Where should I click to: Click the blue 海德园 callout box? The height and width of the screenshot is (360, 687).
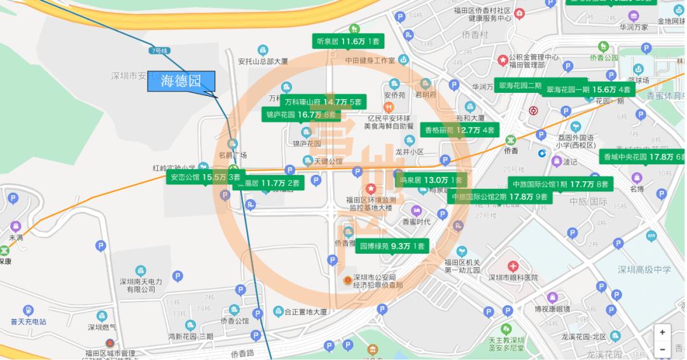[x=181, y=81]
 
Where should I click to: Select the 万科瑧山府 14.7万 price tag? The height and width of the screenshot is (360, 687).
[x=323, y=102]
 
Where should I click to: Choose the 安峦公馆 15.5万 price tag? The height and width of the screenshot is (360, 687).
[x=205, y=177]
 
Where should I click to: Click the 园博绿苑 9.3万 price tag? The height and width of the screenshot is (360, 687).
[x=392, y=246]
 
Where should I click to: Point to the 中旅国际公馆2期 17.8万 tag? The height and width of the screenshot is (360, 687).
[x=499, y=197]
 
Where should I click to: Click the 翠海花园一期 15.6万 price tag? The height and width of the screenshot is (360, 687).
[x=588, y=90]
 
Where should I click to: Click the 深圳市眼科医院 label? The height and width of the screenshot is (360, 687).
[x=513, y=278]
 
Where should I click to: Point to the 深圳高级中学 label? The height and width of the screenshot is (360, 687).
[x=644, y=270]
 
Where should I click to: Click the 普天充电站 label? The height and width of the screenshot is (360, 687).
[x=24, y=322]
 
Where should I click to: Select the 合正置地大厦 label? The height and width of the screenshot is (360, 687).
[x=305, y=312]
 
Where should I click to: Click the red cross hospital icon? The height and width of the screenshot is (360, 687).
[x=513, y=266]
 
